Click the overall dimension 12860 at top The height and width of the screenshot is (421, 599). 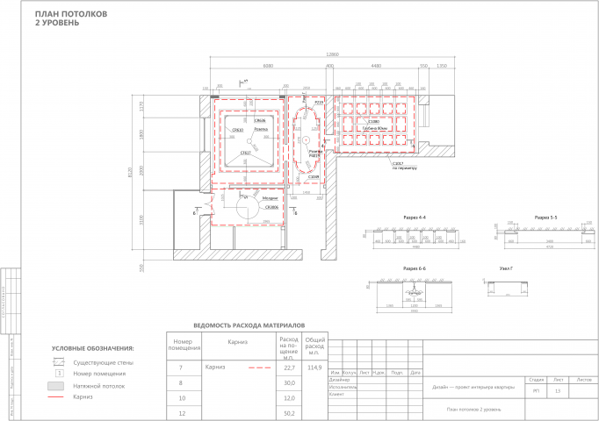333,54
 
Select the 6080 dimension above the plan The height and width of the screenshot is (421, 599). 269,65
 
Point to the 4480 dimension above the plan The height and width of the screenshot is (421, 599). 375,65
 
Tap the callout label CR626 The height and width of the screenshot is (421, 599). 260,121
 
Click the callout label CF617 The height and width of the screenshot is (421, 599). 246,153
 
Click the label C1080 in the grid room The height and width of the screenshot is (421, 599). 373,122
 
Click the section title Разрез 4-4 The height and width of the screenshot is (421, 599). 415,216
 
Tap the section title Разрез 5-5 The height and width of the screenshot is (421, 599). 545,216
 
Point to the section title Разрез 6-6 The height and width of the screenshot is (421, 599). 415,268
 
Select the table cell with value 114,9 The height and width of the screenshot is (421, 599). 314,367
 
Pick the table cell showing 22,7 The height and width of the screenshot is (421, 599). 289,367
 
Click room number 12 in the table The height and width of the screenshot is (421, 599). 181,411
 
